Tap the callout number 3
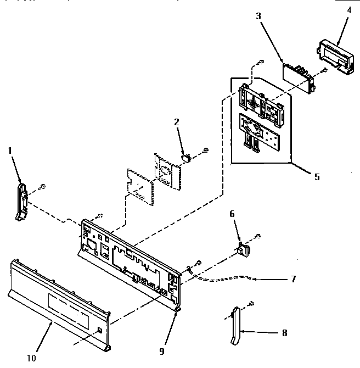(x=258, y=16)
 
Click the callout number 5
(x=317, y=177)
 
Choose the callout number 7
(x=294, y=279)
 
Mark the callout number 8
(x=284, y=333)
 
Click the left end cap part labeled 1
(x=22, y=201)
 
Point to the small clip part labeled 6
(x=243, y=249)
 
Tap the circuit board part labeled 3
(x=299, y=76)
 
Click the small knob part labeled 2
(x=187, y=158)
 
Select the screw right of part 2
(x=206, y=149)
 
